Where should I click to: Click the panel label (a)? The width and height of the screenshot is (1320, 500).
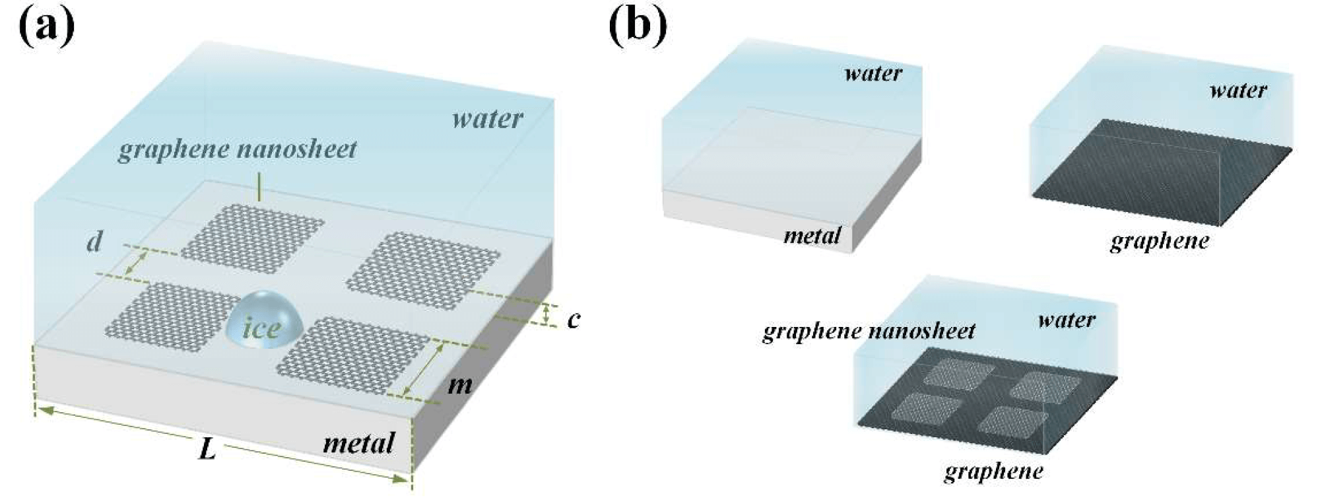46,28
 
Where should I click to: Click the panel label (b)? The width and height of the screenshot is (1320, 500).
638,28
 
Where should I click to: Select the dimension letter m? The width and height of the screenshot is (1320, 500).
459,384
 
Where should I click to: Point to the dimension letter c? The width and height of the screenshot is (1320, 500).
574,319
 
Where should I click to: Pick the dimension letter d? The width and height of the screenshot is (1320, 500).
95,242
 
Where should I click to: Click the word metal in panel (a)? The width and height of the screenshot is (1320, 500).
358,443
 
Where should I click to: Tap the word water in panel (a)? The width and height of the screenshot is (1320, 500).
487,119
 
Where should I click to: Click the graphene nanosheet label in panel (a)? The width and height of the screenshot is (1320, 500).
237,149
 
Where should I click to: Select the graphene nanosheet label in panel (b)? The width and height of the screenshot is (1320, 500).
869,330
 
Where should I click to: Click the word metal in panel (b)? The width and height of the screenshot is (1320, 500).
812,235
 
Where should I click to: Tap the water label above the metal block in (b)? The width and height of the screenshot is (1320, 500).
873,73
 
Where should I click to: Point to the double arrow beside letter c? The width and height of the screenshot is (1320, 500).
547,314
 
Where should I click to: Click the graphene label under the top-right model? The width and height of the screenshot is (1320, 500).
1159,241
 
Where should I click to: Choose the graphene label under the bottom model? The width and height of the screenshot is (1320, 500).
993,471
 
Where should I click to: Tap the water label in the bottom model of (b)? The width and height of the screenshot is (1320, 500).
1066,320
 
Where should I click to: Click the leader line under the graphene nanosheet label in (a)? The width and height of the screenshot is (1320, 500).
261,187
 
